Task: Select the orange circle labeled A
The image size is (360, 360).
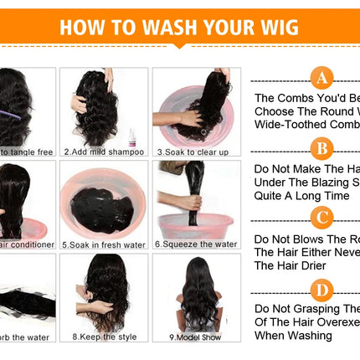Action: (321, 79)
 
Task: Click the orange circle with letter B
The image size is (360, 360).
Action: (321, 150)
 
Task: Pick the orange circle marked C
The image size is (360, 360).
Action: (321, 219)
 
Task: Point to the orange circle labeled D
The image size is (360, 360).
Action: (321, 290)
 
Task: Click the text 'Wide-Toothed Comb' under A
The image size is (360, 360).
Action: (306, 125)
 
